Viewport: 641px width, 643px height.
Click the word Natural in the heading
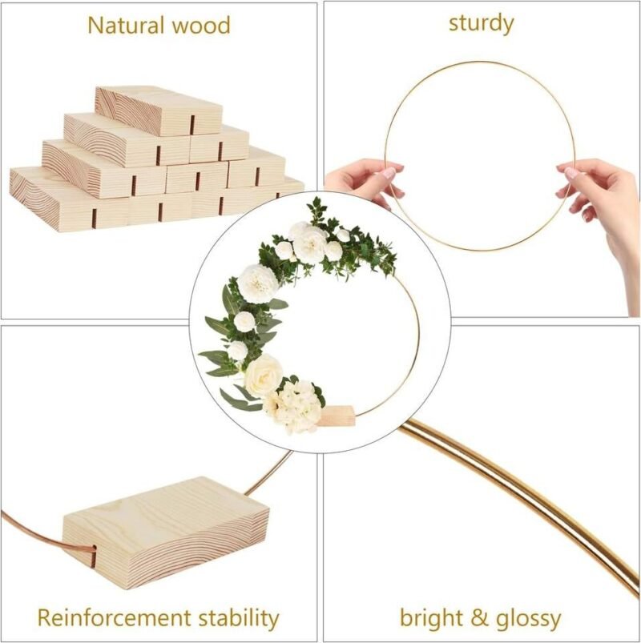[x=126, y=26]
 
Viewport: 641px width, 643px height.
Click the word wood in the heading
[x=201, y=26]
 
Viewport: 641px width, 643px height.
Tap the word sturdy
[x=481, y=24]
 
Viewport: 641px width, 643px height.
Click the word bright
[x=430, y=618]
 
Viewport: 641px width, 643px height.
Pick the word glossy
[x=528, y=619]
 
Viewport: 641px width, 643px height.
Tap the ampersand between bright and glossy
[x=478, y=618]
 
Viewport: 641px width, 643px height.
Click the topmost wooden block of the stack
[x=159, y=111]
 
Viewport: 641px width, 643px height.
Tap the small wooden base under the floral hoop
[x=337, y=415]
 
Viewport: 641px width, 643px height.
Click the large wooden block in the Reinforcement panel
[x=166, y=532]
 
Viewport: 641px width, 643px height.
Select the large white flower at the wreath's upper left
[x=258, y=283]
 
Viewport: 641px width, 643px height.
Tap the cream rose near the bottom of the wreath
[x=264, y=376]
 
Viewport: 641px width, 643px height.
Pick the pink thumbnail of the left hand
[x=388, y=174]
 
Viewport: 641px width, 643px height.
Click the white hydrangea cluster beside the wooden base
[x=293, y=406]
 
